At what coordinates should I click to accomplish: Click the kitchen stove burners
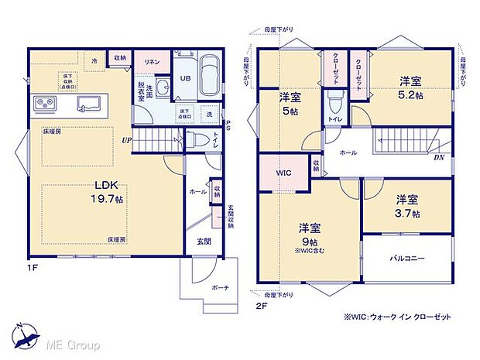click(x=43, y=103)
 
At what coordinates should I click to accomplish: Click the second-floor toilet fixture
click(x=335, y=101)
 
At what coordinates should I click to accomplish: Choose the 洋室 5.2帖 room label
click(x=412, y=86)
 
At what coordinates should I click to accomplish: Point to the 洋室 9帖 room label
click(x=309, y=233)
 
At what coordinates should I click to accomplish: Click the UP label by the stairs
click(x=125, y=140)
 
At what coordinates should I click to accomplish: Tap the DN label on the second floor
click(x=438, y=157)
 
